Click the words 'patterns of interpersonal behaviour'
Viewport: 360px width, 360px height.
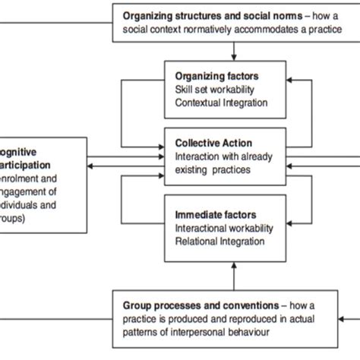pyautogui.click(x=197, y=330)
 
